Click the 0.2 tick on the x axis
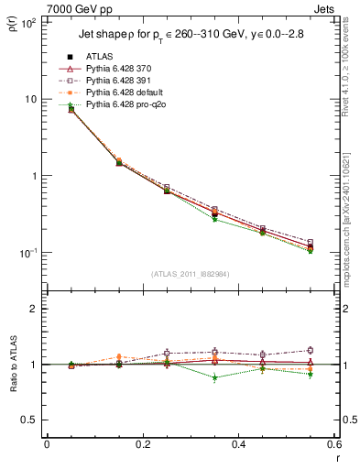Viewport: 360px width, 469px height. [x=142, y=444]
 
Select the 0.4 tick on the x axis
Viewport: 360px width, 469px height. [x=238, y=444]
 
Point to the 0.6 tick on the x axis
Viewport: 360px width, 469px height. [x=333, y=444]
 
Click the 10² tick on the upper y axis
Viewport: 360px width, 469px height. [x=27, y=23]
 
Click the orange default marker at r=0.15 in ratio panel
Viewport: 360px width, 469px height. [x=117, y=357]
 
